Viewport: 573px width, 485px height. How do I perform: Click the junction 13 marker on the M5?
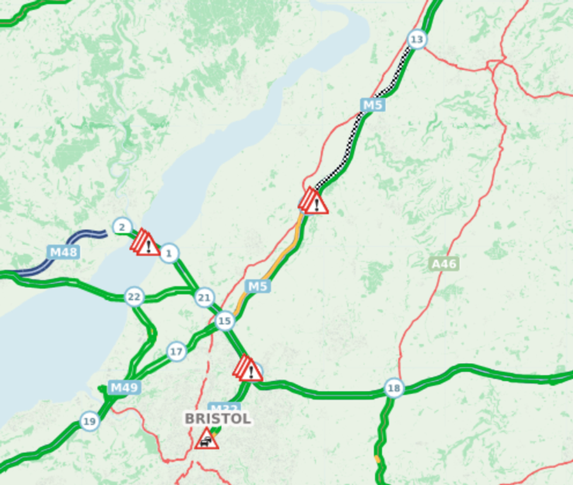416,40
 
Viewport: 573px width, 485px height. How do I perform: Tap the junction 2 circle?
122,227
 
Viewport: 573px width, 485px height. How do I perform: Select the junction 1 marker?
169,253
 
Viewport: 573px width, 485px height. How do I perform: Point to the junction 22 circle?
134,297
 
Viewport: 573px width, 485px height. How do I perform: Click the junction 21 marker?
204,297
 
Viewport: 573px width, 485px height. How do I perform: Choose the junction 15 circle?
225,321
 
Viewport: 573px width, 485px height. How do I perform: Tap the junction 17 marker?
176,352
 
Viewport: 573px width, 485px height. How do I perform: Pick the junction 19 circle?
89,421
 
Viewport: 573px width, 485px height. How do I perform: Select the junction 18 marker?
394,388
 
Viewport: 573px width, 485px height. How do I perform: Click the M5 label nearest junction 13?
372,105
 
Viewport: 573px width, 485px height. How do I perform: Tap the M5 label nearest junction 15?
257,286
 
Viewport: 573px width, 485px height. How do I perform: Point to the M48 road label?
63,252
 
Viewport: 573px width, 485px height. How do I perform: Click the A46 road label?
443,264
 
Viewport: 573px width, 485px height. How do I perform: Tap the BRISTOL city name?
218,418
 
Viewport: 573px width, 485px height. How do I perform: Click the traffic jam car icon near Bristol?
207,439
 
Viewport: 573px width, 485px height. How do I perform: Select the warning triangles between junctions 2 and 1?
146,243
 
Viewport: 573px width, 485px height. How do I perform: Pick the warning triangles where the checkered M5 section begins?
313,202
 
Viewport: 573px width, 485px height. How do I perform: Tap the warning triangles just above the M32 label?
248,369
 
